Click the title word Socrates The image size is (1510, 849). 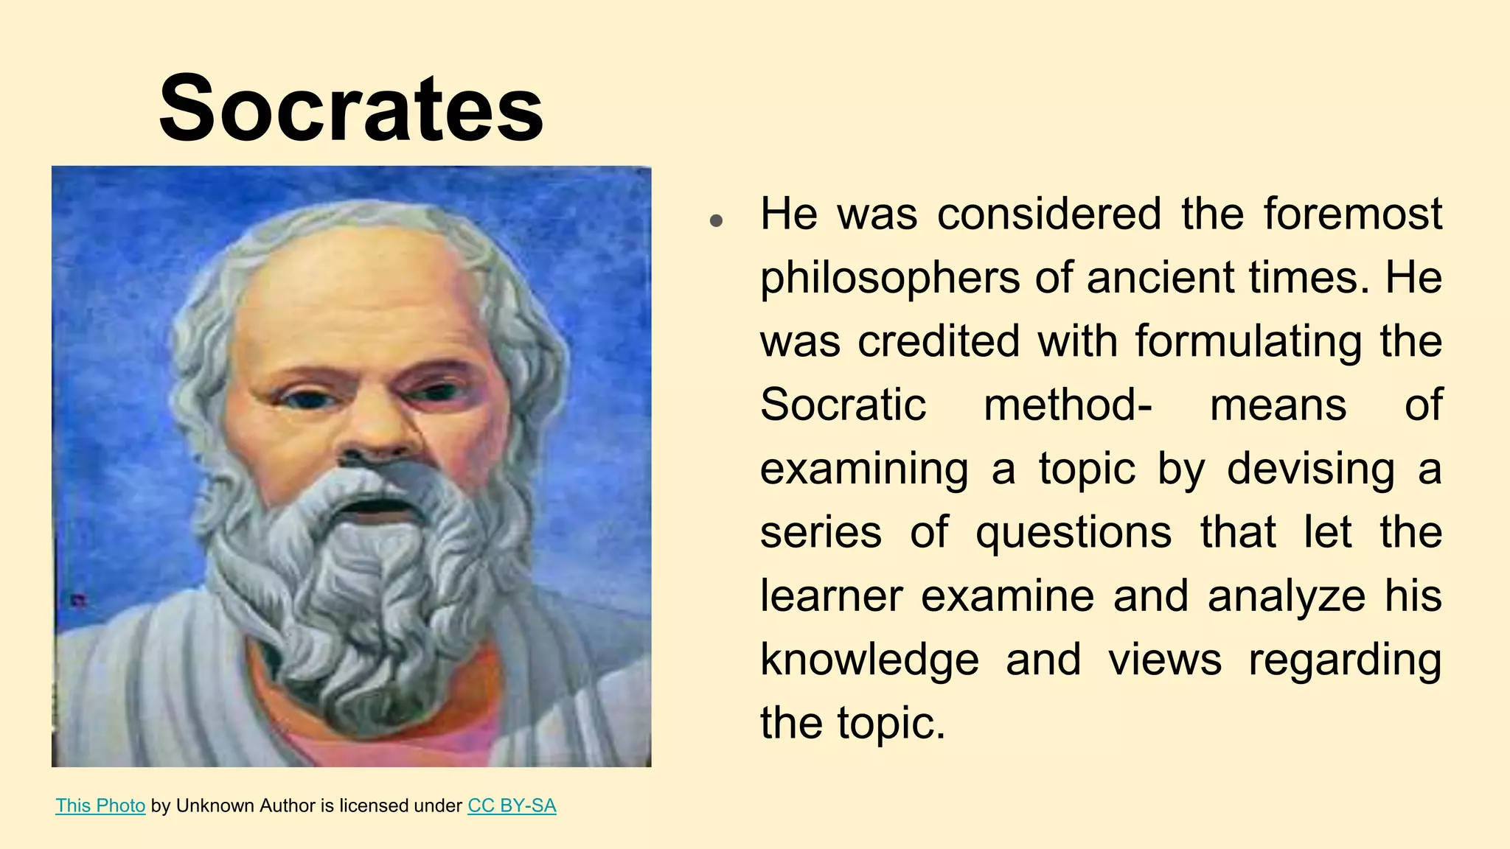coord(351,109)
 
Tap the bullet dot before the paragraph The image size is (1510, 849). coord(715,220)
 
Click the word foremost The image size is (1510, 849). coord(1352,214)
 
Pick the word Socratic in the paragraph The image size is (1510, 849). coord(843,405)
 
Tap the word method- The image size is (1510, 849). coord(1068,405)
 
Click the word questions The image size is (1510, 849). coord(1073,534)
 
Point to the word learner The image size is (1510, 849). coord(831,596)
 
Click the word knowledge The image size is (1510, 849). coord(869,660)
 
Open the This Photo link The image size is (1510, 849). coord(100,806)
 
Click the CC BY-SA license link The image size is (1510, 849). coord(512,806)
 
